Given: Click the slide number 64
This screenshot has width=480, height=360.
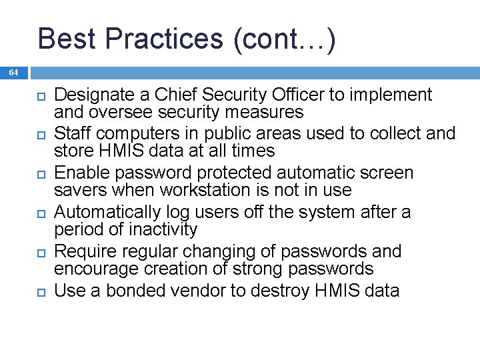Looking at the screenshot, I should coord(14,72).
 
